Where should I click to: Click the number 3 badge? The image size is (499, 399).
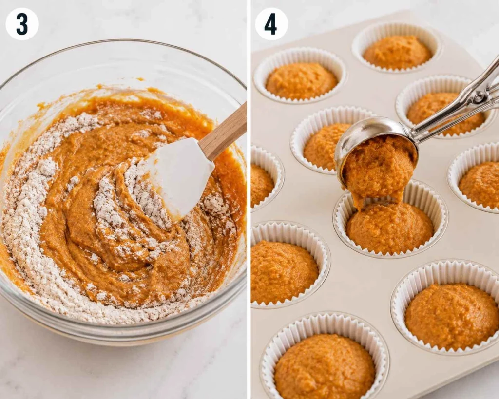click(x=22, y=24)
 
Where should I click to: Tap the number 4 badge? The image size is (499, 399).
click(x=271, y=24)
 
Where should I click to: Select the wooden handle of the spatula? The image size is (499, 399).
click(x=224, y=132)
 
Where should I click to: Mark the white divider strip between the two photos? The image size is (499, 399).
click(x=249, y=200)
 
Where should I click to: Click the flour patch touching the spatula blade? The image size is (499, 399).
click(x=140, y=191)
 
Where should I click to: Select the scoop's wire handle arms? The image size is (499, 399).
click(x=458, y=105)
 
